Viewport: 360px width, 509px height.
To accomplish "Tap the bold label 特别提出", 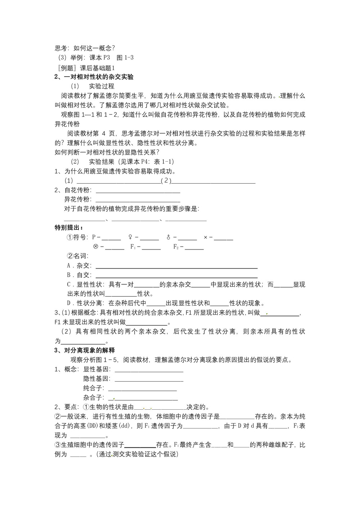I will (68, 228).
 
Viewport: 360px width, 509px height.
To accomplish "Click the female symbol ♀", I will (130, 237).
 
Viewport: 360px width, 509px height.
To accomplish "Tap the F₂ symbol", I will (176, 247).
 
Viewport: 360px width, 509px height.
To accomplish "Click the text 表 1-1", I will (164, 162).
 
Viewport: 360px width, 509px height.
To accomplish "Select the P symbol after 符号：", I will (94, 237).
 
